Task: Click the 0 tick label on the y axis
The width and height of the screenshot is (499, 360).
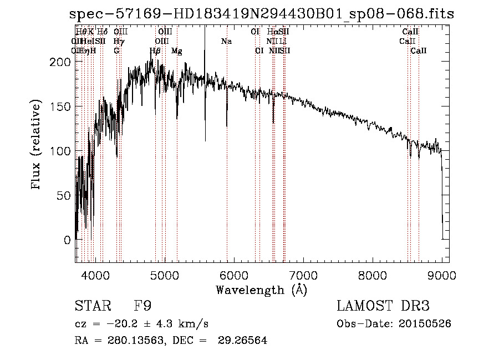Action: [67, 240]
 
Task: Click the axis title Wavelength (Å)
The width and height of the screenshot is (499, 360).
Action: [261, 290]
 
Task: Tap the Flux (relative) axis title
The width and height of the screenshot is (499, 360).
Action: [37, 145]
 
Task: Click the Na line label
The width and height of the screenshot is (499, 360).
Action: [226, 42]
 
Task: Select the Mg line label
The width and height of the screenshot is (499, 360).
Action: [177, 51]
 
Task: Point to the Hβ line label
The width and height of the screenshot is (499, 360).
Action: [155, 51]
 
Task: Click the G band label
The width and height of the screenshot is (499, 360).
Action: [116, 51]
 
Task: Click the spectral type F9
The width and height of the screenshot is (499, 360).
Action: [142, 306]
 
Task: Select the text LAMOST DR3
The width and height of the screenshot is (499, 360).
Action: [383, 306]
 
